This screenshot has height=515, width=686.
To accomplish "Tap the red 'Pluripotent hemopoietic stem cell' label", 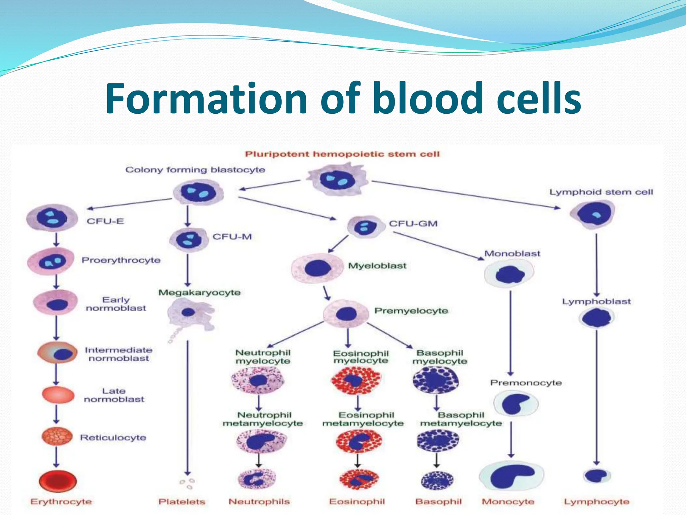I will click(x=342, y=154).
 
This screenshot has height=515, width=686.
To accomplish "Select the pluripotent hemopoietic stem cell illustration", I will click(x=338, y=180).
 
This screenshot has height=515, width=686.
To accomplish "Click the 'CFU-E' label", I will click(x=105, y=221).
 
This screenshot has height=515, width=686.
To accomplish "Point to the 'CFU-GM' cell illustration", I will click(x=364, y=227).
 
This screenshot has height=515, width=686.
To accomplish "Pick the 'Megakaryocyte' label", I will click(x=199, y=293).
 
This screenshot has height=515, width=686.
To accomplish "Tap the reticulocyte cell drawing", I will click(x=57, y=436).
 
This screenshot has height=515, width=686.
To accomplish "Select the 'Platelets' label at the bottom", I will click(x=182, y=502).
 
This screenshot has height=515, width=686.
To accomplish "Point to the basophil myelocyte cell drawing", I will click(x=435, y=380).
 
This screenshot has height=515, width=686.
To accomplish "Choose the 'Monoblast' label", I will click(x=512, y=253).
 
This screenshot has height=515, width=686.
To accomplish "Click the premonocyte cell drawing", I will click(x=516, y=404).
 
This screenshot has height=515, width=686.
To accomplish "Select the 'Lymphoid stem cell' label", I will click(x=601, y=192).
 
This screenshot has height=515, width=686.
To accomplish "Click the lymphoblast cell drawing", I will click(x=597, y=318).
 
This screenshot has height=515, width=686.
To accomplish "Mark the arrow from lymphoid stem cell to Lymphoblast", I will click(x=597, y=265).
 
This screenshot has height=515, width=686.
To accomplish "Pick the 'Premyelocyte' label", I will click(x=411, y=311).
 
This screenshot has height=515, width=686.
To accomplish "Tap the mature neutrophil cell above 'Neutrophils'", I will click(x=257, y=479).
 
